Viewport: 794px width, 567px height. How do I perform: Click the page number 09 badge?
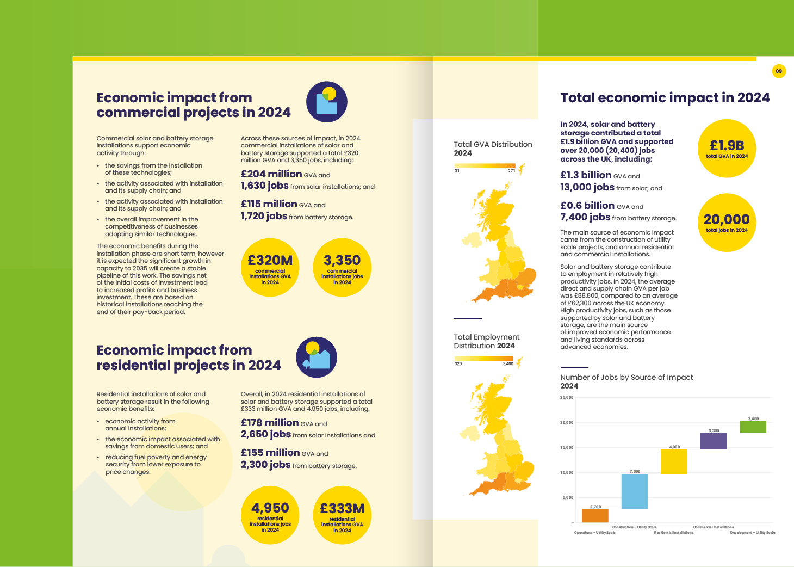(779, 71)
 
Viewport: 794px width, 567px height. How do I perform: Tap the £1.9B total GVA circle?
(727, 149)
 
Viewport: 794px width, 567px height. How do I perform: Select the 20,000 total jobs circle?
(727, 223)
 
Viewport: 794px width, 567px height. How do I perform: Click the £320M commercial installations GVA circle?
(270, 267)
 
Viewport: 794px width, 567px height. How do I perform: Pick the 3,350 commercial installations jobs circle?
(342, 267)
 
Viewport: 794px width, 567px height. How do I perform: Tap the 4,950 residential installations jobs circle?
(270, 515)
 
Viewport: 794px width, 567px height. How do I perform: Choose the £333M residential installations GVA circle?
(342, 515)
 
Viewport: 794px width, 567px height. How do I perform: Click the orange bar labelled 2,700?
(595, 515)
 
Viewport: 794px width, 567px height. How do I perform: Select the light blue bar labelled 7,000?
(635, 491)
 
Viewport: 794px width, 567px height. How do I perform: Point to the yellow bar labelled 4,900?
(674, 461)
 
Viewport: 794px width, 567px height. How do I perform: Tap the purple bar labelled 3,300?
(714, 441)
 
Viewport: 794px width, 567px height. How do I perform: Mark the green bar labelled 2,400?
(753, 427)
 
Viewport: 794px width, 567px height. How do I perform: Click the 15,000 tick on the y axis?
(567, 448)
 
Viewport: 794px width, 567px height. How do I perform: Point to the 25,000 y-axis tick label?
(567, 398)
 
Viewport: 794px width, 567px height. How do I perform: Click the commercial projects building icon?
(326, 102)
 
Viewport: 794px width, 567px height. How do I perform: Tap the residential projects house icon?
(317, 357)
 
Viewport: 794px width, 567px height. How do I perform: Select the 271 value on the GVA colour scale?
(511, 171)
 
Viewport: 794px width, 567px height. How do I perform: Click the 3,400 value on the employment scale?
(508, 363)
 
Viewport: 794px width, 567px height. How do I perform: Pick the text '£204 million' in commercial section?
(271, 174)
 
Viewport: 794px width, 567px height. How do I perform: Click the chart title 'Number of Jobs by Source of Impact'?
(626, 377)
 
